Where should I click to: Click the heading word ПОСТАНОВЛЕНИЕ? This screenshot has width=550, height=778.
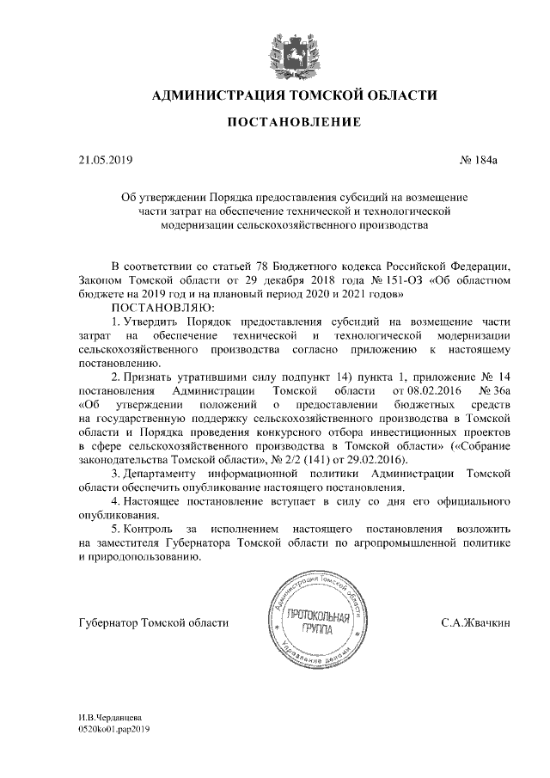(293, 125)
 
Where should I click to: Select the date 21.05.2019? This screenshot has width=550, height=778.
(101, 160)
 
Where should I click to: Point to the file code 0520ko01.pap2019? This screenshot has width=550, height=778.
(113, 727)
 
